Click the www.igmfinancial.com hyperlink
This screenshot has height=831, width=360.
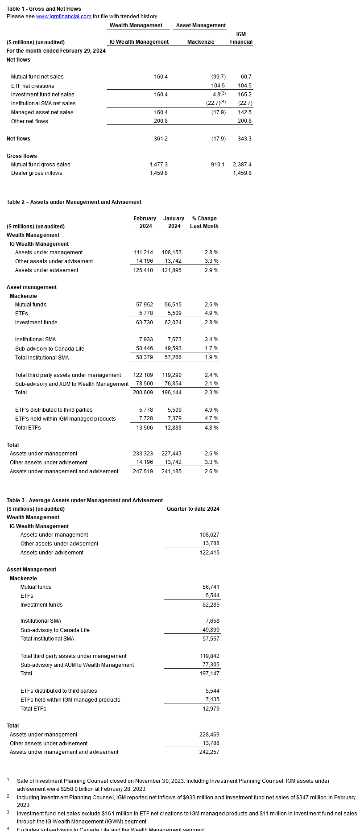click(x=64, y=17)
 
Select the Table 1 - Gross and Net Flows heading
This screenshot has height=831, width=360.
click(x=44, y=9)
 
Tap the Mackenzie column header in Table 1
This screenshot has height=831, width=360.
click(x=201, y=42)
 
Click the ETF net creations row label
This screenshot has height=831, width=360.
click(x=33, y=86)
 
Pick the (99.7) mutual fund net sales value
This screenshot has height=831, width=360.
click(x=218, y=77)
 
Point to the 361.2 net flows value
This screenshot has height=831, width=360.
click(x=161, y=139)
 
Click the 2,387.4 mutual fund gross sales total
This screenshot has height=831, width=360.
click(x=242, y=165)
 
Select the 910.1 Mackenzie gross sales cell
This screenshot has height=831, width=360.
click(x=218, y=165)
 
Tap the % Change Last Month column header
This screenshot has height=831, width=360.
click(x=204, y=222)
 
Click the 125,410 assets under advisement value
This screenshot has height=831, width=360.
click(x=143, y=270)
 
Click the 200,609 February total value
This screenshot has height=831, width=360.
click(x=143, y=393)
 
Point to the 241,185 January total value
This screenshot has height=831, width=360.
click(x=171, y=471)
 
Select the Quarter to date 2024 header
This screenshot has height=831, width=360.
click(x=193, y=509)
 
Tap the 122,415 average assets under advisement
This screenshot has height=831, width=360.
click(x=209, y=553)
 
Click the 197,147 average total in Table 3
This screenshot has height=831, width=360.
click(x=209, y=674)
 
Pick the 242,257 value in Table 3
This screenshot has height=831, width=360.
click(x=209, y=752)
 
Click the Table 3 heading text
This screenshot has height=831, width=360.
click(x=85, y=500)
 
